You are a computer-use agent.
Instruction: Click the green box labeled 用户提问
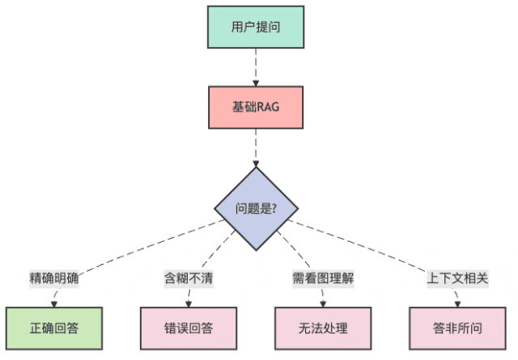pos(256,27)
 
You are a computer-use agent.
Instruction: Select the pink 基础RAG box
pos(256,107)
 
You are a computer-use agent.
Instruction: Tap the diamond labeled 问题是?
pos(256,208)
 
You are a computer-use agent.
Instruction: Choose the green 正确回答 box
pos(54,328)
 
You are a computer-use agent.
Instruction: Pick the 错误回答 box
pos(189,328)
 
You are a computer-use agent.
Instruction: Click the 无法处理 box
pos(323,328)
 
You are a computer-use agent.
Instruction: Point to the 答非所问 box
pos(457,328)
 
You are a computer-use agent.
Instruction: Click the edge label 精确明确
pos(54,278)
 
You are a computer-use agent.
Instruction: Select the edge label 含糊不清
pos(188,278)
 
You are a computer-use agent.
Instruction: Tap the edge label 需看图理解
pos(323,278)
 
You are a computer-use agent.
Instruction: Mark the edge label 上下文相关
pos(457,278)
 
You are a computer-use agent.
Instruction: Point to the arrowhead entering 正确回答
pos(54,304)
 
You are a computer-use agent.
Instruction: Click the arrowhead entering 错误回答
pos(189,304)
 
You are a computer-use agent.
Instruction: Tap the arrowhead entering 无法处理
pos(323,304)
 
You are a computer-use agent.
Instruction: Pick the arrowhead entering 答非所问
pos(457,304)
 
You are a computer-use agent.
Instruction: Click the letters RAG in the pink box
pos(267,107)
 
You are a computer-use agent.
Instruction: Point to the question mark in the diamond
pos(274,208)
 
